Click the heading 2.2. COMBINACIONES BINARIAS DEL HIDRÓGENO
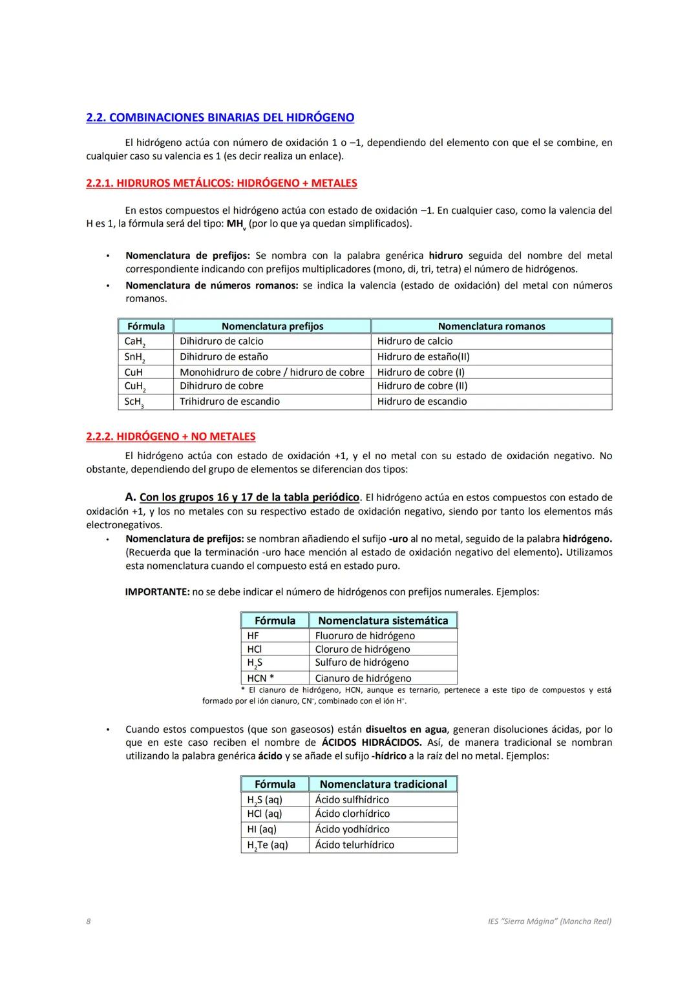(x=220, y=118)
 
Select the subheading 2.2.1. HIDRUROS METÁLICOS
(x=221, y=183)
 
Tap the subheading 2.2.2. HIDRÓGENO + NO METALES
(x=171, y=437)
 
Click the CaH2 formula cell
(x=134, y=342)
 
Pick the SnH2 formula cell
(x=134, y=357)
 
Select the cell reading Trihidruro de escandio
(x=229, y=402)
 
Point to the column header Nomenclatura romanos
(x=491, y=326)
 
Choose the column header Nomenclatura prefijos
(x=272, y=326)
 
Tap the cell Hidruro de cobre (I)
(x=421, y=373)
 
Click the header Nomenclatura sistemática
(x=383, y=621)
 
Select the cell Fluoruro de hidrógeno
(x=365, y=636)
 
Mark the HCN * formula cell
(x=260, y=678)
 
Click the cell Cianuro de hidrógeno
(x=363, y=678)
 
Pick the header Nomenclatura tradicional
(x=383, y=784)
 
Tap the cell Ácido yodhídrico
(x=352, y=829)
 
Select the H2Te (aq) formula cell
(x=267, y=845)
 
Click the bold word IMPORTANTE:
(x=157, y=591)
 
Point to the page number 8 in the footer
(x=89, y=921)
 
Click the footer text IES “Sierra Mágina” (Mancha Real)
(x=549, y=921)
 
